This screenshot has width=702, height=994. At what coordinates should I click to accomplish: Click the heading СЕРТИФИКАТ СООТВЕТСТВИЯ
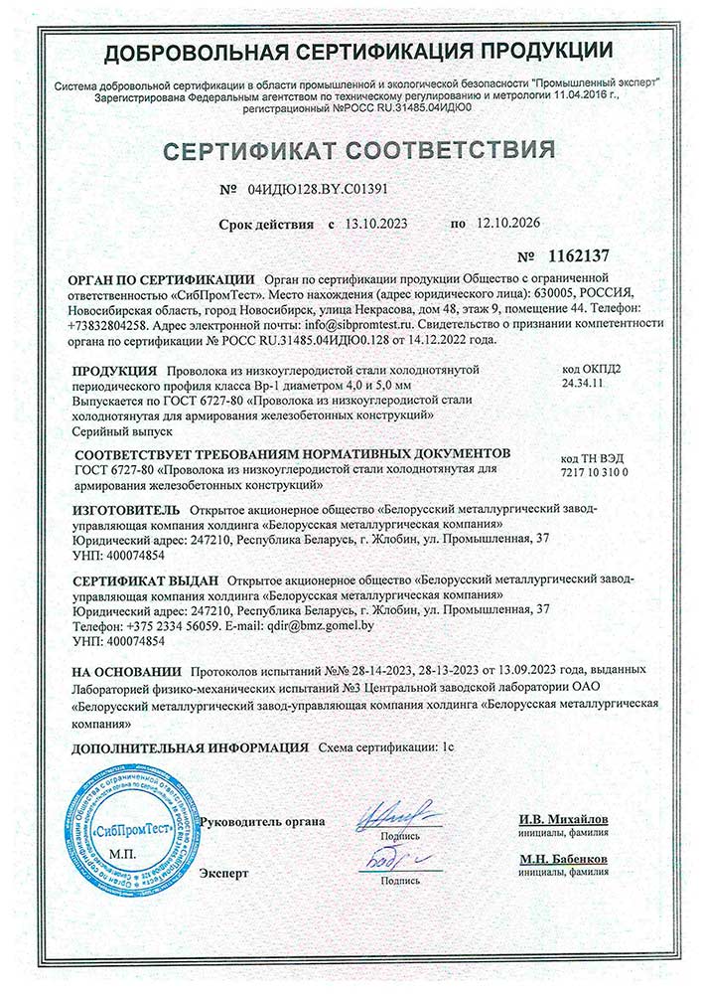point(358,151)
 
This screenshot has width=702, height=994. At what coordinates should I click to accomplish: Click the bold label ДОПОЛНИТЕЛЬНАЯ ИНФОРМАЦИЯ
point(188,745)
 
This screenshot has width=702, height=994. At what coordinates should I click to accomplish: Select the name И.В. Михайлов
point(563,819)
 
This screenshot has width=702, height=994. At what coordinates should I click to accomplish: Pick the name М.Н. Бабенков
point(563,858)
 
